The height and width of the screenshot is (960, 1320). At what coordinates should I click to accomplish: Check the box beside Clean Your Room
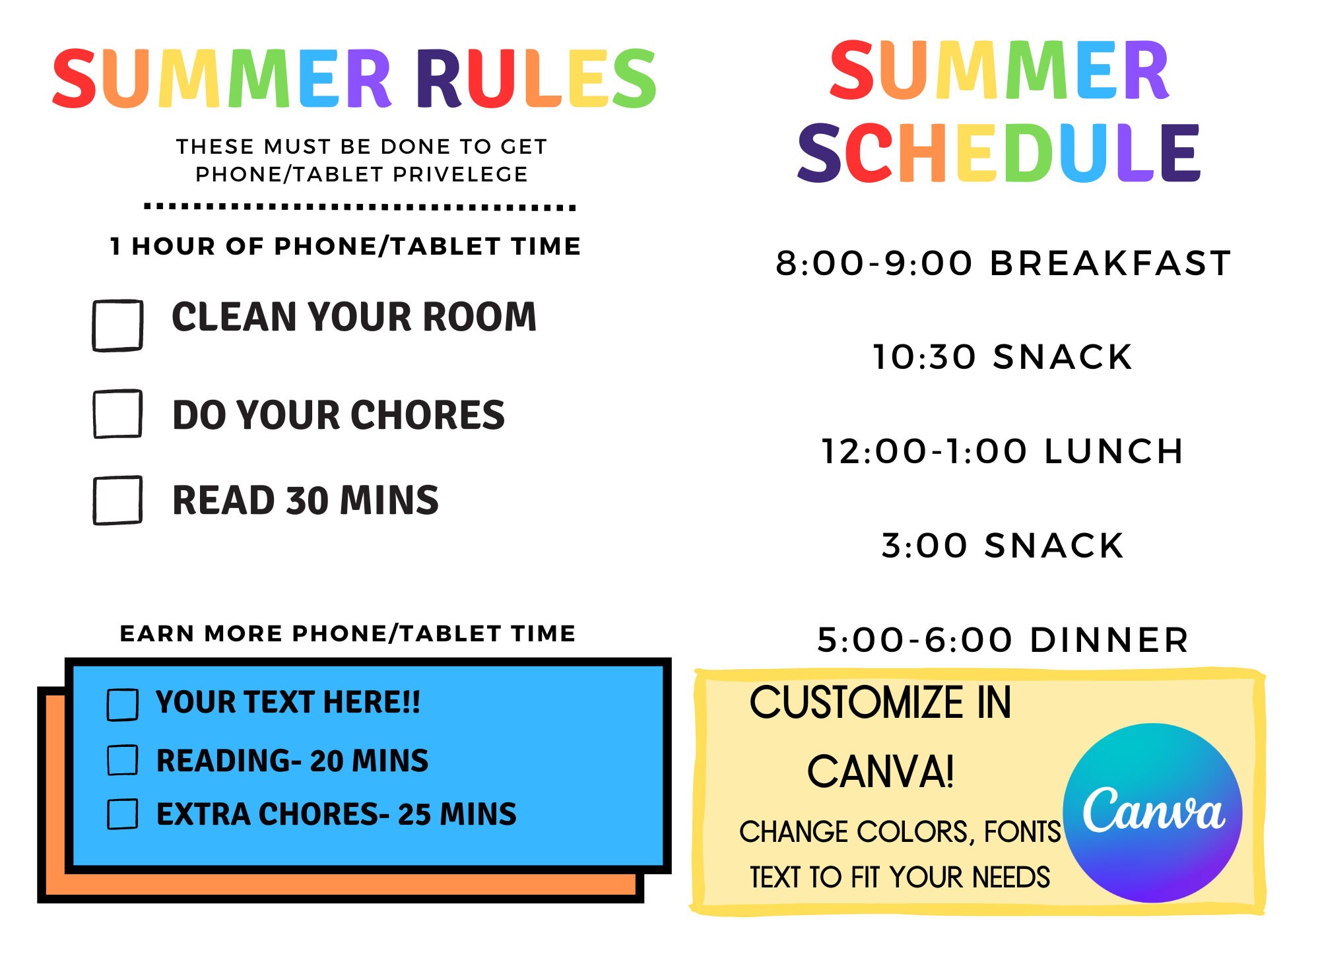pyautogui.click(x=117, y=325)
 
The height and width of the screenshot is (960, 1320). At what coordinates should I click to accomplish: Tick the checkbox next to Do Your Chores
pyautogui.click(x=117, y=414)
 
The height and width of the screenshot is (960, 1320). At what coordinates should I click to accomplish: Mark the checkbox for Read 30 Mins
pyautogui.click(x=117, y=500)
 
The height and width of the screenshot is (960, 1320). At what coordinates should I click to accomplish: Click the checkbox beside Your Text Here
pyautogui.click(x=122, y=704)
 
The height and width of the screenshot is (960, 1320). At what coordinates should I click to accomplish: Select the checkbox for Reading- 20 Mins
pyautogui.click(x=122, y=759)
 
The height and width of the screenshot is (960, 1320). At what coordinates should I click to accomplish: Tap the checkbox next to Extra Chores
pyautogui.click(x=122, y=814)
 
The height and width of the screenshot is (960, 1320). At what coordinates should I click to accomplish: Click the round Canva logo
pyautogui.click(x=1152, y=813)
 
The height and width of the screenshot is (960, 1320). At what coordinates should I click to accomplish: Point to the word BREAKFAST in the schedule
pyautogui.click(x=1111, y=263)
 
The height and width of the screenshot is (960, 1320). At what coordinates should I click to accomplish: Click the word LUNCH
pyautogui.click(x=1114, y=452)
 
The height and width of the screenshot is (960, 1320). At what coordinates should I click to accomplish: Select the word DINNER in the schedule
pyautogui.click(x=1109, y=640)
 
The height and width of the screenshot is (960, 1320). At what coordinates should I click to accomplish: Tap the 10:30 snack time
pyautogui.click(x=924, y=358)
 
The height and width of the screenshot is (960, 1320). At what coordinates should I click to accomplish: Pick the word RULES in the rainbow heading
pyautogui.click(x=536, y=79)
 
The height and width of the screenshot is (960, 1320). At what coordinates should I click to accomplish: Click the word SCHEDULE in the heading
pyautogui.click(x=999, y=154)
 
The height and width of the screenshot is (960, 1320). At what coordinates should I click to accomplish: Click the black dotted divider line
pyautogui.click(x=360, y=207)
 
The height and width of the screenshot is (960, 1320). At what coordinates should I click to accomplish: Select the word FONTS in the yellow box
pyautogui.click(x=1022, y=832)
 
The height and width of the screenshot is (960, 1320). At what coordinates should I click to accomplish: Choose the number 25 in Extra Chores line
pyautogui.click(x=414, y=814)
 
